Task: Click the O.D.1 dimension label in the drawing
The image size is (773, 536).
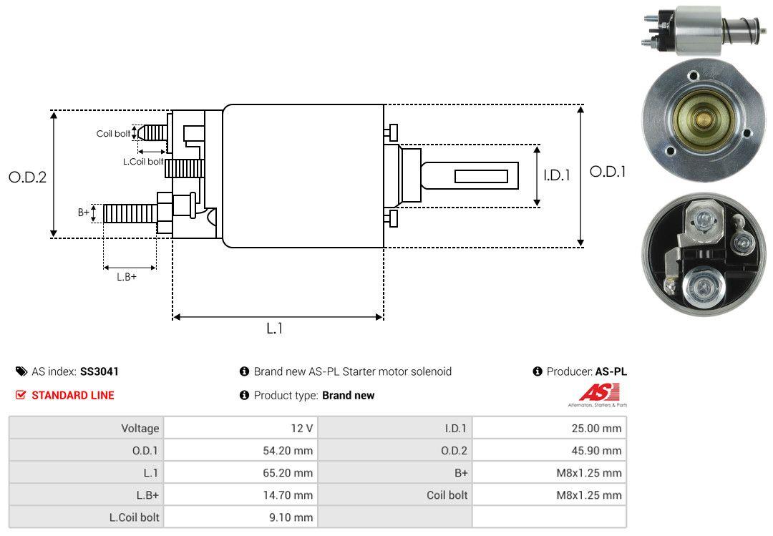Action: point(608,172)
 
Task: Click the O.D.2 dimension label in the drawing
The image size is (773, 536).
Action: point(27,177)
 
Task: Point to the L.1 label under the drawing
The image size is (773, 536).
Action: point(276,328)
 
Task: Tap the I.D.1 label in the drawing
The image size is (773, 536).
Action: point(556,175)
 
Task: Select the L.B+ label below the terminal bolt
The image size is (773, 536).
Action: point(127,276)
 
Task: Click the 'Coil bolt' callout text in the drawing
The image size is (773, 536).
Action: point(113,134)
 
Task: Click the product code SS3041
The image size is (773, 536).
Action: point(99,371)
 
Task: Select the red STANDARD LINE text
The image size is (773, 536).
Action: point(72,395)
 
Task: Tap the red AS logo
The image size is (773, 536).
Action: point(600,393)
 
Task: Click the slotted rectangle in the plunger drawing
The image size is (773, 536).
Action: point(481,176)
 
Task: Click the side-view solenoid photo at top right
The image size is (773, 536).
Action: point(702,31)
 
